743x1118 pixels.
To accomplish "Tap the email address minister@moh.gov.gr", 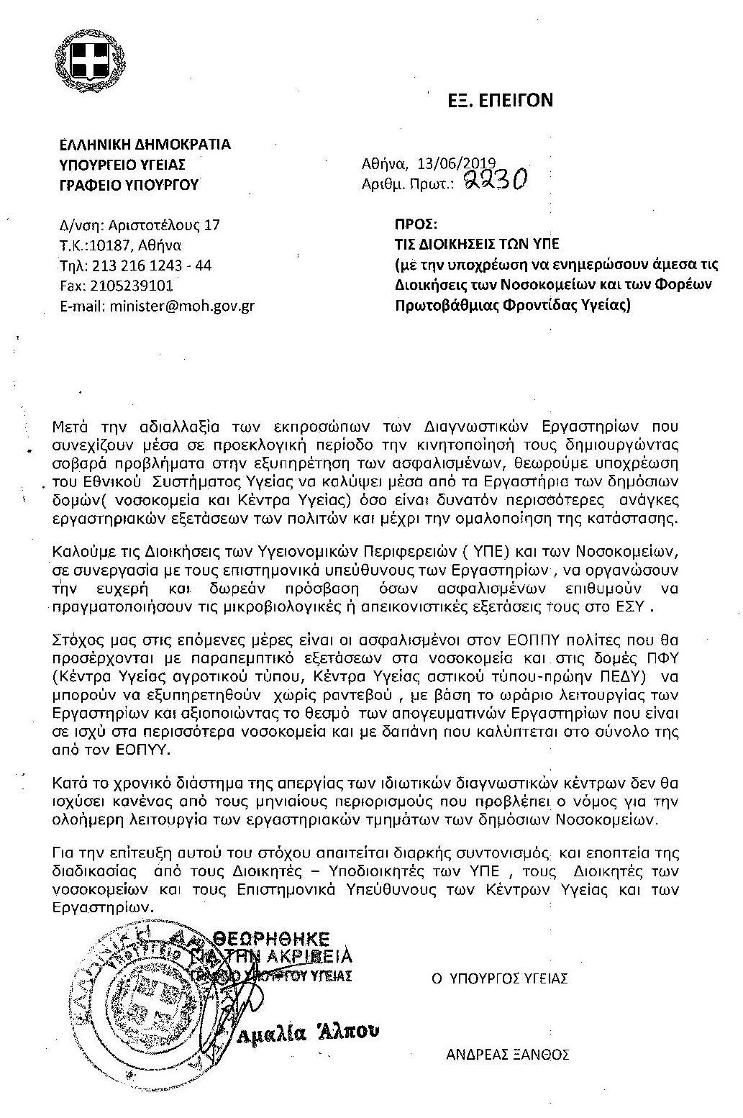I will pyautogui.click(x=181, y=305).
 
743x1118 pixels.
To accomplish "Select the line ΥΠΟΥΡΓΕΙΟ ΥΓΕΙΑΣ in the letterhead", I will pyautogui.click(x=122, y=164).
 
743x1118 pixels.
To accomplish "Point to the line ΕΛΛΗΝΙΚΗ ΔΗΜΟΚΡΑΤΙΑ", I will pyautogui.click(x=145, y=144).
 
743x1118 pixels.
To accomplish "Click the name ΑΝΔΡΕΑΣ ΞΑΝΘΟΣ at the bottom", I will pyautogui.click(x=508, y=1055).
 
